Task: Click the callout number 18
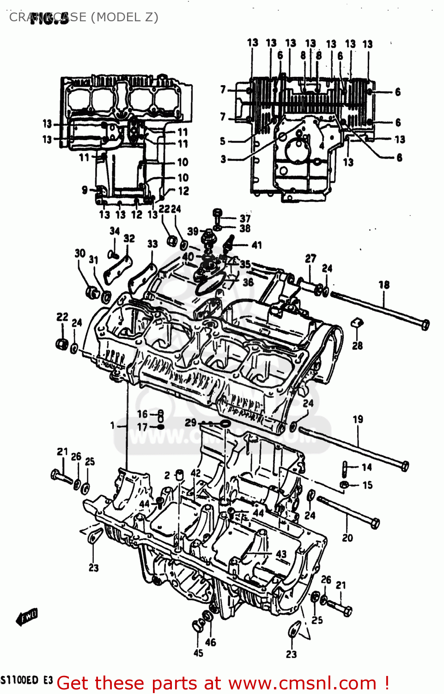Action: (384, 285)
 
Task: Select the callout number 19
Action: (358, 419)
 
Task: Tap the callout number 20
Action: (347, 538)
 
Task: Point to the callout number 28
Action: (357, 346)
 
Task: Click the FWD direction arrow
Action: (27, 617)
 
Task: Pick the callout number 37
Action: (245, 218)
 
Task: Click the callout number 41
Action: (256, 245)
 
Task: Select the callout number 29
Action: (190, 422)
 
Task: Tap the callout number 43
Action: (281, 554)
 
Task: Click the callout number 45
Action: (198, 653)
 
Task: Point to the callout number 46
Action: (211, 642)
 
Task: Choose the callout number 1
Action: (112, 425)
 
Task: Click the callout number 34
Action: (115, 230)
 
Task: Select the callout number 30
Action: (80, 253)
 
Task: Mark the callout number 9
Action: (85, 190)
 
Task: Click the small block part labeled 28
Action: (357, 323)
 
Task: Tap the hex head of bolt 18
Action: (425, 324)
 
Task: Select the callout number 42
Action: (196, 473)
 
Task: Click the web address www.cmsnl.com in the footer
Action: (302, 683)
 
